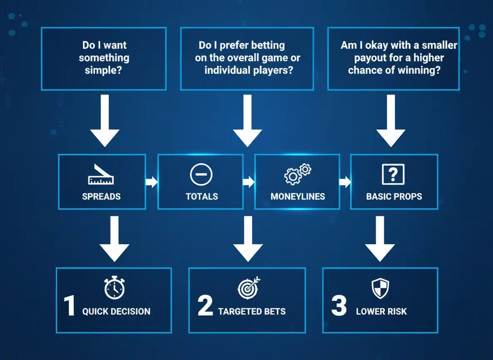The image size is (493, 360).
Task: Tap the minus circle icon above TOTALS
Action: click(201, 175)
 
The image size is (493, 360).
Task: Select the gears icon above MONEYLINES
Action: click(298, 174)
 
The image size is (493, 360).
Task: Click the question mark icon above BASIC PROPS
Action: click(393, 175)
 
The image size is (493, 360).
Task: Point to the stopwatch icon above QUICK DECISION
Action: click(114, 288)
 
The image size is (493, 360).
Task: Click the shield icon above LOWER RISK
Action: click(380, 288)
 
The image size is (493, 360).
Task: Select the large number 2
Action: click(205, 306)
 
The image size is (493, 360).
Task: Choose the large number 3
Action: click(339, 306)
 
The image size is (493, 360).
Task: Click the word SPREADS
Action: click(101, 196)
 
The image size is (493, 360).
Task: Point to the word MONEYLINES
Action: click(297, 196)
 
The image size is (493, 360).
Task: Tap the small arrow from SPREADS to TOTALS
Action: click(152, 182)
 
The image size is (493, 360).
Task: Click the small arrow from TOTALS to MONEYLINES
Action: click(249, 182)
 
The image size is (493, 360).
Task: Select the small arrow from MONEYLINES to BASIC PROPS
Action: click(345, 182)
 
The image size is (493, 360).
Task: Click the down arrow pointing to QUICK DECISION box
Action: click(115, 239)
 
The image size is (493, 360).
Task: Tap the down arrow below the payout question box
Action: click(391, 121)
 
